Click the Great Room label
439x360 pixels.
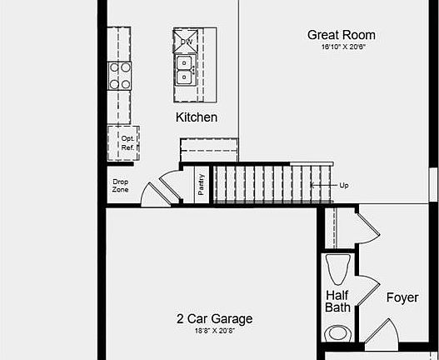click(341, 35)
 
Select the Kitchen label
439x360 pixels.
click(197, 117)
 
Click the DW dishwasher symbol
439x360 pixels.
click(186, 41)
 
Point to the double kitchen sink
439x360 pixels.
click(184, 70)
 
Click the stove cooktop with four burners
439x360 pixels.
click(119, 76)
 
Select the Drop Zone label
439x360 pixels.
click(121, 185)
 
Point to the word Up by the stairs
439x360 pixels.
click(344, 185)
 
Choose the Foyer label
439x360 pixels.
click(401, 297)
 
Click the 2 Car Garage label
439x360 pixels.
click(214, 318)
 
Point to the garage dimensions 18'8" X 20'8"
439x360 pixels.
click(214, 331)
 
